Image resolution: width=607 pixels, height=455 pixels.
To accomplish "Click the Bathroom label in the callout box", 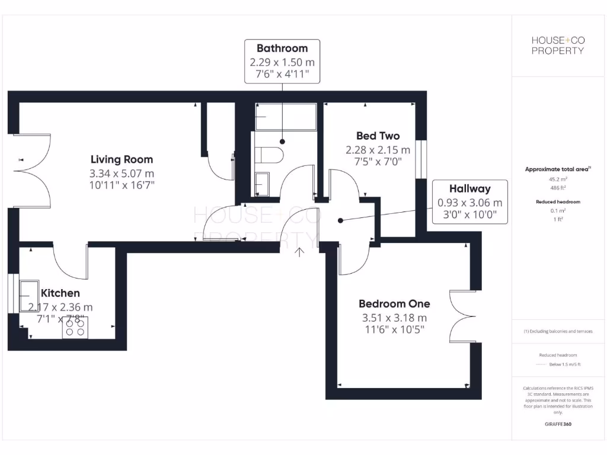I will click(282, 49).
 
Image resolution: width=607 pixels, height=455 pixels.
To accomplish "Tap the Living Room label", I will click(122, 159).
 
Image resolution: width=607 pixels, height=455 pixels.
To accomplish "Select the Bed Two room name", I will click(378, 136).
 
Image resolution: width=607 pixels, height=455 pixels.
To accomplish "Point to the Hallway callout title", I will click(469, 189).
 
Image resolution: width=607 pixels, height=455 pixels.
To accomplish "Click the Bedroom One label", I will click(394, 304).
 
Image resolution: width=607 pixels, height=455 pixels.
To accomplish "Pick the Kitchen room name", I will click(60, 293).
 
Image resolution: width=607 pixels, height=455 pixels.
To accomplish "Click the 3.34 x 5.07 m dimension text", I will click(122, 174).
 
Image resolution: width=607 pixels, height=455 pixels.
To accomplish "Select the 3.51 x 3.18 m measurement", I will click(394, 318).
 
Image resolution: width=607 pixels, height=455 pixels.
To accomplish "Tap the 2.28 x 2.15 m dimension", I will click(378, 150).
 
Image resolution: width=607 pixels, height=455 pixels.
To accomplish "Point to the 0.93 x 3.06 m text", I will click(469, 203).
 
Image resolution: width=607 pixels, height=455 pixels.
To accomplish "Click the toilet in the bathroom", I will click(271, 155).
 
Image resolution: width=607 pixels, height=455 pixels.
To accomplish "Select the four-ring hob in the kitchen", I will click(75, 328).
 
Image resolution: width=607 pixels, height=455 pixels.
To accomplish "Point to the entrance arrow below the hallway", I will click(300, 252).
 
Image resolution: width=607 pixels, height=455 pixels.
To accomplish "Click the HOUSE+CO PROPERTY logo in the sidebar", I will click(557, 45).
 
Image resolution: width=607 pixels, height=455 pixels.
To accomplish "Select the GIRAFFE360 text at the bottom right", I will click(557, 424).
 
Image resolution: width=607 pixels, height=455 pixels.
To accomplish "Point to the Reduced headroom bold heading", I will click(557, 202).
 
